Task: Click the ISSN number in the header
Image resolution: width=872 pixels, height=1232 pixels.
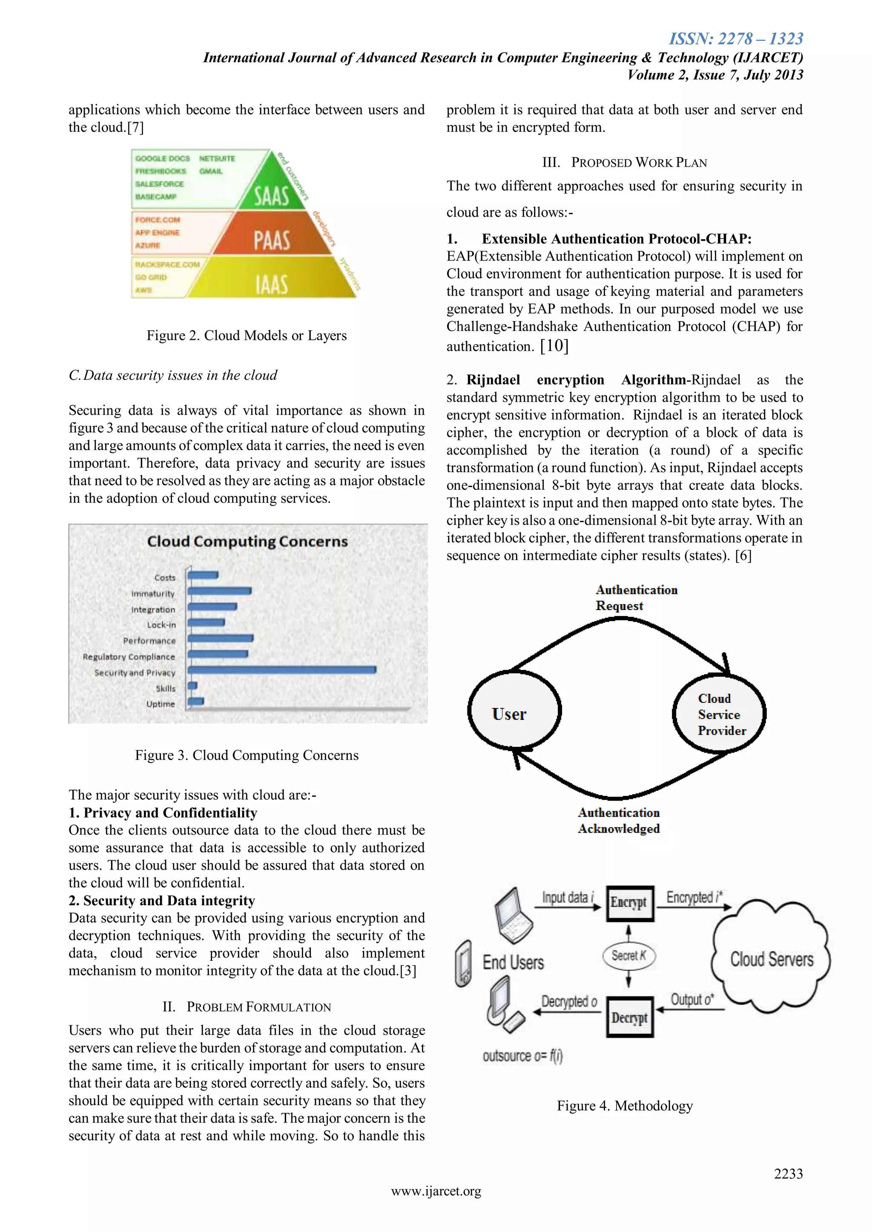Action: pos(736,39)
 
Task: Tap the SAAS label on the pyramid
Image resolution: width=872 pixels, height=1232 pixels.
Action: pos(272,195)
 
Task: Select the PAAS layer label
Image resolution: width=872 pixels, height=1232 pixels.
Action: pos(272,240)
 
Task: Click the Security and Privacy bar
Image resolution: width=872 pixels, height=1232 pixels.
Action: pos(282,670)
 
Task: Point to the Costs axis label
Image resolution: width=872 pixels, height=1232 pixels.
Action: pos(165,577)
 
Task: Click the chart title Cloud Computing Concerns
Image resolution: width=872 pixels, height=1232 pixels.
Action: pos(247,542)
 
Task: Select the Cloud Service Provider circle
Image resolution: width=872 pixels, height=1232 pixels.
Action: pos(719,714)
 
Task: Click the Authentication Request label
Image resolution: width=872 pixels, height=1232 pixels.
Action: pos(636,598)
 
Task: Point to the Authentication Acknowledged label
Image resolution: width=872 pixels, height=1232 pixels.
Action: pos(619,821)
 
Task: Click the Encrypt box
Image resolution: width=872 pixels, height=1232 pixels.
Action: pos(629,903)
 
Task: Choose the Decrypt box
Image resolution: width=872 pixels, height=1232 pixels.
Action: pos(629,1017)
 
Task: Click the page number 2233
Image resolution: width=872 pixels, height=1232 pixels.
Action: pos(788,1174)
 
